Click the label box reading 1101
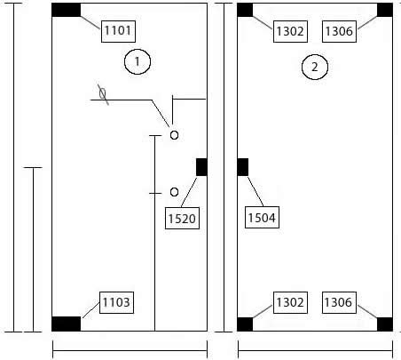[x=118, y=31]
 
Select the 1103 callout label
[x=116, y=302]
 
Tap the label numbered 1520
[x=182, y=219]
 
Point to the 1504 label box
[x=262, y=218]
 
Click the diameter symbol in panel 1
[x=103, y=94]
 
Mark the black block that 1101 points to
[x=66, y=10]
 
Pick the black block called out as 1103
[x=66, y=324]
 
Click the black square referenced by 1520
[x=201, y=167]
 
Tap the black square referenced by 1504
[x=243, y=167]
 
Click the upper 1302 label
[x=290, y=31]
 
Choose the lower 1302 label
[x=290, y=302]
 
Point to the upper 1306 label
[x=339, y=31]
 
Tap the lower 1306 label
[x=339, y=302]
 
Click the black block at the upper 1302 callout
[x=245, y=10]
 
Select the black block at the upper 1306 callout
[x=385, y=10]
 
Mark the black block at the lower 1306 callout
[x=385, y=324]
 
